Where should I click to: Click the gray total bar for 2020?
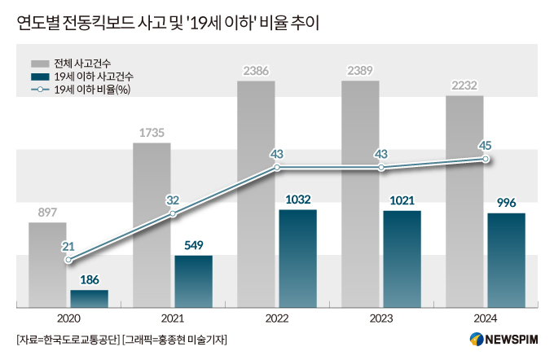click(47, 265)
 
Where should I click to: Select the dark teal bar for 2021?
click(193, 281)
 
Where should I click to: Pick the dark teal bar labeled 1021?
click(402, 259)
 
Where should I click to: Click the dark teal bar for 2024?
click(506, 261)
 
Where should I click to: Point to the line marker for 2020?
click(68, 261)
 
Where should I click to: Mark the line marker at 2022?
click(277, 168)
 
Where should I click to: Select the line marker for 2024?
click(486, 159)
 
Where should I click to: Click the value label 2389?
click(360, 70)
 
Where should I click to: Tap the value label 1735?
click(152, 132)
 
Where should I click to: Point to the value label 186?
click(90, 279)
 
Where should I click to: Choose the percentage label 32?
click(172, 200)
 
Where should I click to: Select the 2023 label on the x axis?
click(381, 319)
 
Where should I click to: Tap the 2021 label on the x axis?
click(173, 319)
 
